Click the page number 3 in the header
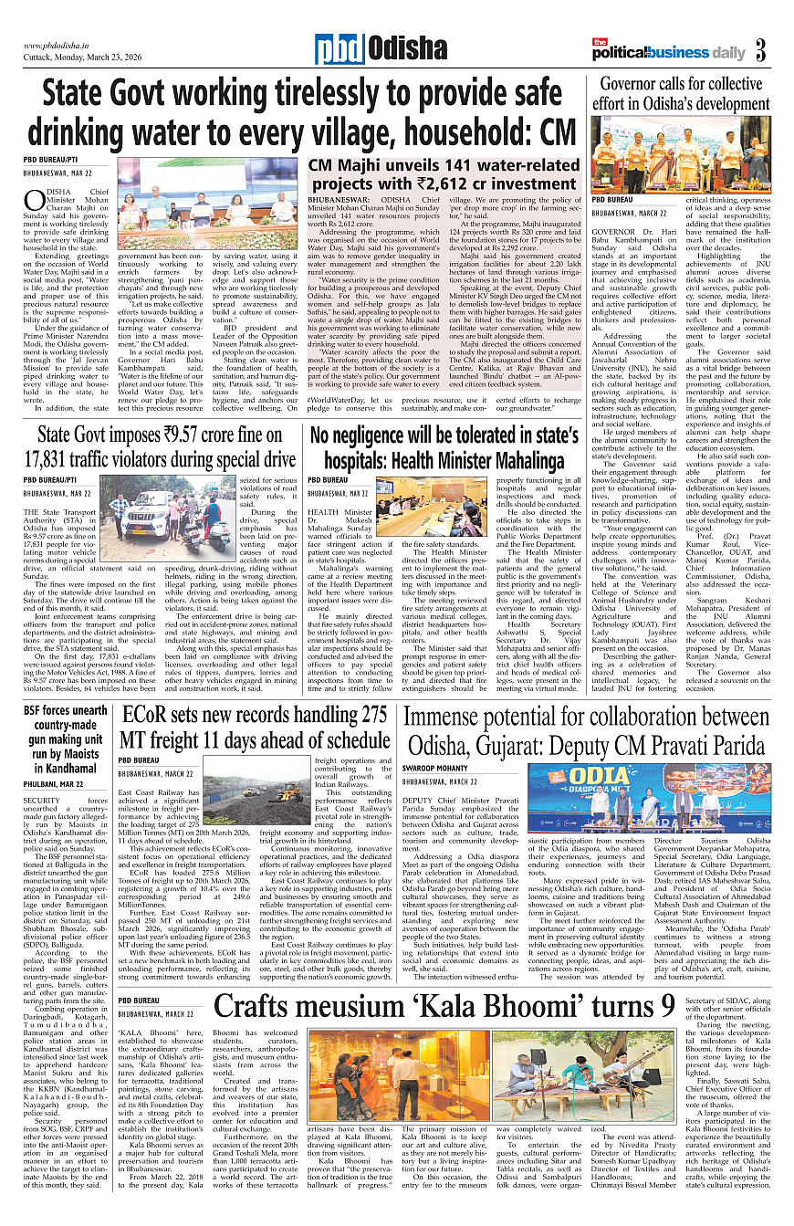(x=759, y=51)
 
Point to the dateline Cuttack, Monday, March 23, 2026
(x=83, y=57)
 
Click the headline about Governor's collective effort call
(x=680, y=94)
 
